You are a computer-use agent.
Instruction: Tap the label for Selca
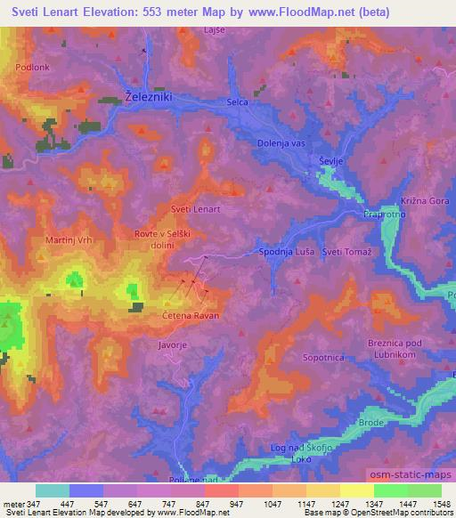click(237, 103)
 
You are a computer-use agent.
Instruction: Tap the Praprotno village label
click(383, 214)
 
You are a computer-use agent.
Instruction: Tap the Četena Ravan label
click(191, 315)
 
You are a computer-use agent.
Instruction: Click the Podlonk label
click(33, 66)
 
